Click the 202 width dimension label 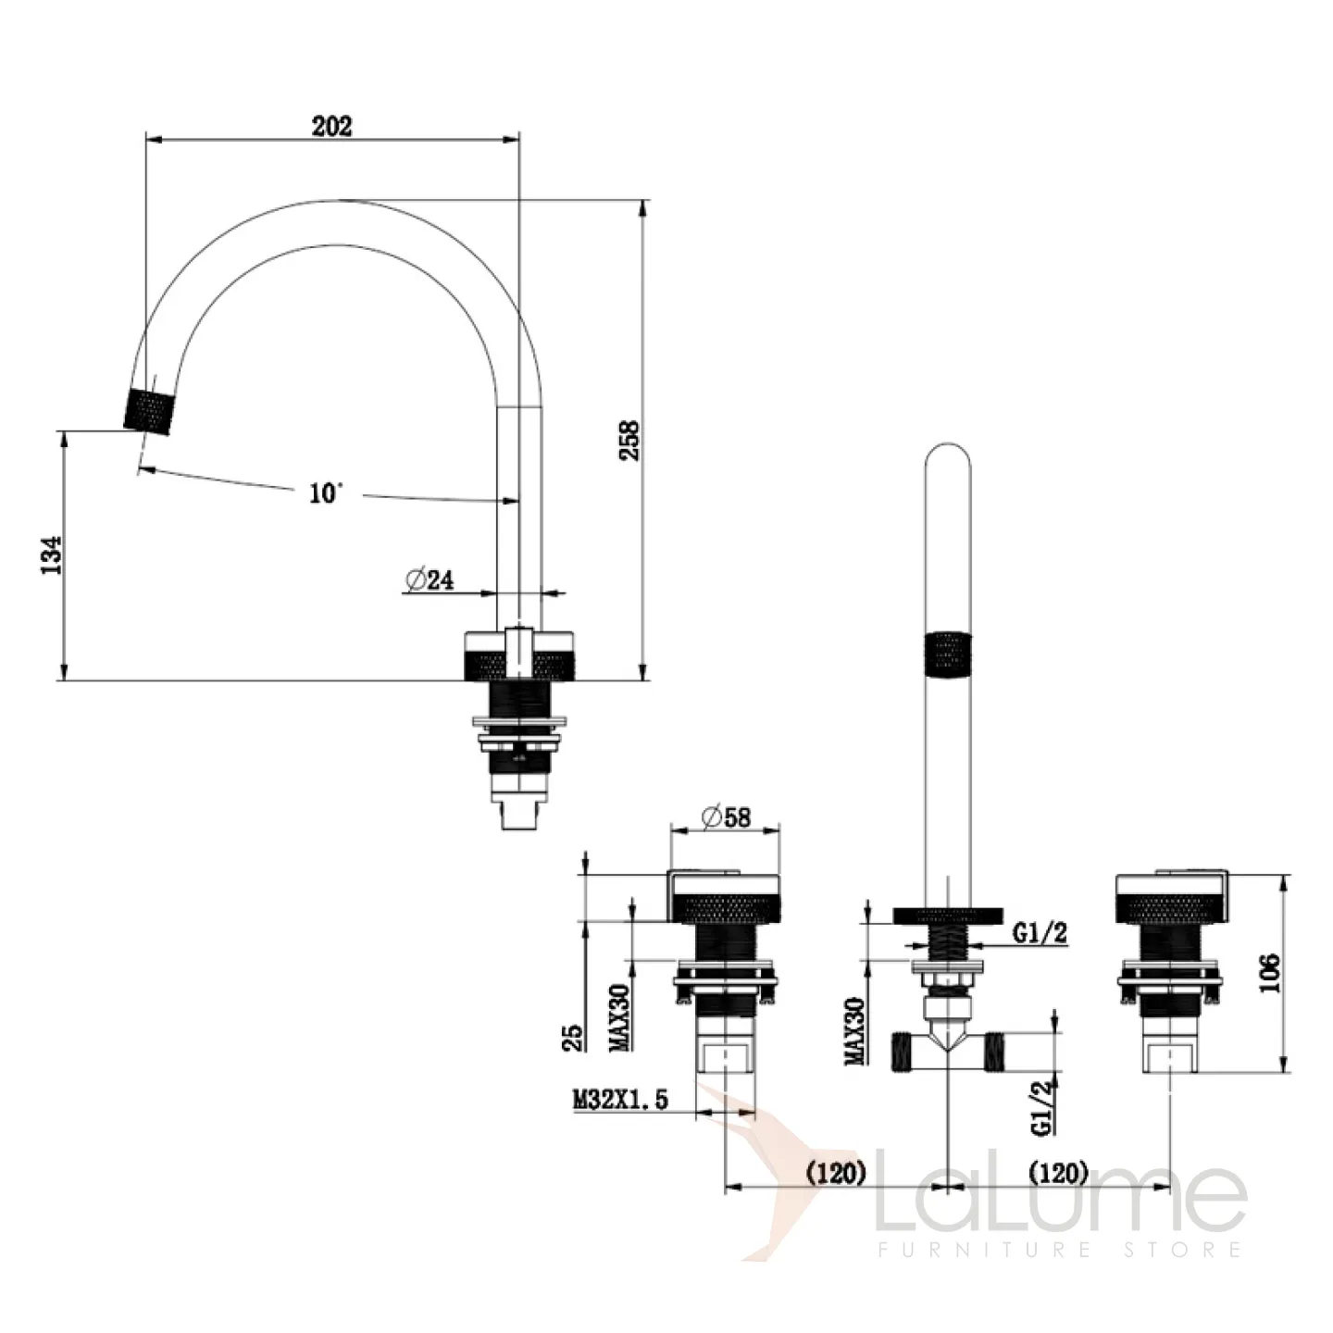coord(331,127)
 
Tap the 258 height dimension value coord(629,441)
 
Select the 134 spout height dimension coord(51,554)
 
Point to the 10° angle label coord(326,493)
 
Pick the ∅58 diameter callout coord(726,817)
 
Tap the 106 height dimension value coord(1269,973)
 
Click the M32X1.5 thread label coord(620,1099)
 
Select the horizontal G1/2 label coord(1040,933)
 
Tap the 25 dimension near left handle coord(572,1038)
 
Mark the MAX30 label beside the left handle coord(620,1017)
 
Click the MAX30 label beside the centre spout coord(855,1030)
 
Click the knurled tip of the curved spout coord(149,412)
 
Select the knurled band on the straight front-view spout coord(948,653)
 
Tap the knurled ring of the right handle coord(1170,907)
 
